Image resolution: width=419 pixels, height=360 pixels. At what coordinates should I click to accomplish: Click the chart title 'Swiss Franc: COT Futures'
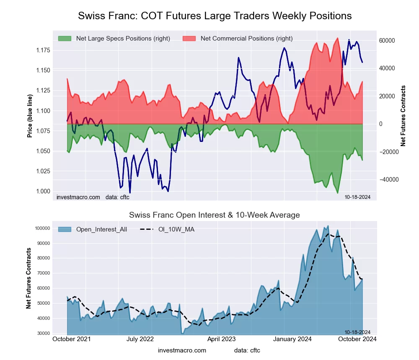[215, 16]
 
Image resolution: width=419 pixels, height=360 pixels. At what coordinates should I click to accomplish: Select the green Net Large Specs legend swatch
[65, 39]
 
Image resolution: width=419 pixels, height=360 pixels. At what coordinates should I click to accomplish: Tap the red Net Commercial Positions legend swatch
[189, 39]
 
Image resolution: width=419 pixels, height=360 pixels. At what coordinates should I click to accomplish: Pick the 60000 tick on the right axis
[388, 41]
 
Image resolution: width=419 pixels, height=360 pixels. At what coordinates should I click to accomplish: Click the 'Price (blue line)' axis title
[30, 116]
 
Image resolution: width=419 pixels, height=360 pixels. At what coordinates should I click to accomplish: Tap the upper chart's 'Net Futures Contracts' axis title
[403, 116]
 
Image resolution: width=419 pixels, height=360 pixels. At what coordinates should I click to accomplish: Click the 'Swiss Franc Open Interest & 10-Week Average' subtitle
[214, 215]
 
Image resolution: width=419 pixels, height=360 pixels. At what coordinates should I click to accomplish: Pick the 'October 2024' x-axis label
[357, 339]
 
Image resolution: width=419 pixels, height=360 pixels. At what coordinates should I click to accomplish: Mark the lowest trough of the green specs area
[338, 193]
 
